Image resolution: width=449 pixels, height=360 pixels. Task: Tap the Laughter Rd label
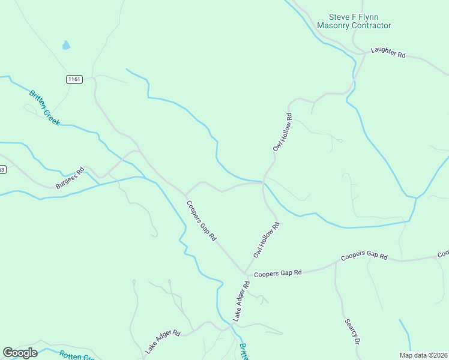point(388,52)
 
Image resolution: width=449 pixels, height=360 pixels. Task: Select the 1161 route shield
point(74,79)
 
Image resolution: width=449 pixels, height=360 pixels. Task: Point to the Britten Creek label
point(45,107)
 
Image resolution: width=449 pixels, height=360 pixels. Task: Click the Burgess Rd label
point(70,178)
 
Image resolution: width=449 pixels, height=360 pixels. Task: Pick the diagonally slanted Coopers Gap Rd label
point(201,220)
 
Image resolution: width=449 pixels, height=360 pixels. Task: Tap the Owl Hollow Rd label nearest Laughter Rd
point(282,132)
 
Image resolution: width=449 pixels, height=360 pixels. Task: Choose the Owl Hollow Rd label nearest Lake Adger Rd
point(267,240)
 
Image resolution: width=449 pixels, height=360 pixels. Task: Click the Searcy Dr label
point(352,331)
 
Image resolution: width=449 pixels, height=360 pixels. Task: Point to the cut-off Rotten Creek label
point(77,355)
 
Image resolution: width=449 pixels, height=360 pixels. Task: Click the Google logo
point(20,353)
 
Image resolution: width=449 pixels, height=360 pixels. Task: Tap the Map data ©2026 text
point(423,355)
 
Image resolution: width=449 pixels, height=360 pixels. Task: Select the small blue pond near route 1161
point(66,45)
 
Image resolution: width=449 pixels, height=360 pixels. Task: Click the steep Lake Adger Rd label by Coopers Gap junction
point(241,303)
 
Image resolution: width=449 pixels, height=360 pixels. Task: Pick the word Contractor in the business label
point(371,26)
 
